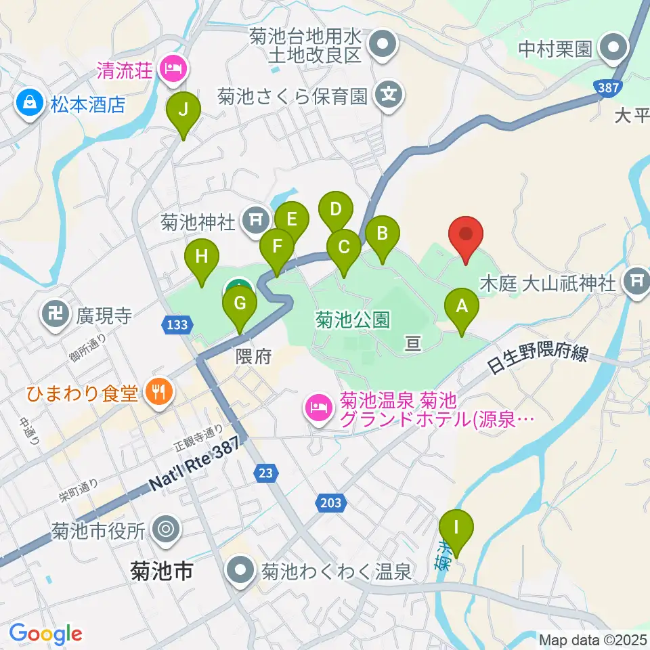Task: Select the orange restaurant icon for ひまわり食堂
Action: [x=160, y=391]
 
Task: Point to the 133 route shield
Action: [x=175, y=326]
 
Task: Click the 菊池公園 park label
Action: [x=352, y=320]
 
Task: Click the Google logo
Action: [x=45, y=634]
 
